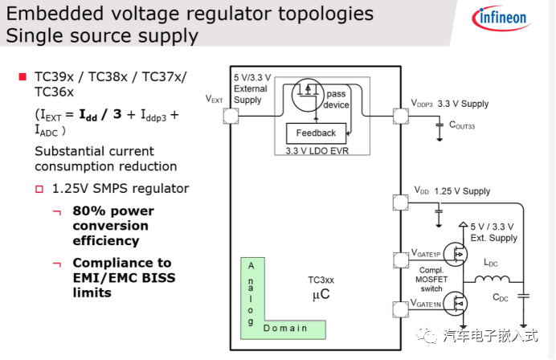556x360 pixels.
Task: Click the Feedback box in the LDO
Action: (316, 133)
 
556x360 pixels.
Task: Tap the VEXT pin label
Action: (214, 99)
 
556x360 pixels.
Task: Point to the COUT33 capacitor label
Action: (462, 125)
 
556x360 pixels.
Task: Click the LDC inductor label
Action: (490, 263)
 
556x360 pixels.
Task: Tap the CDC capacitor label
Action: (501, 298)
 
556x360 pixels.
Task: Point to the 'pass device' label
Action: (336, 100)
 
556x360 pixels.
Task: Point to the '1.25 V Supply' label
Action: (462, 191)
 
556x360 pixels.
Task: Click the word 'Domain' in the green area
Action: (285, 328)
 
